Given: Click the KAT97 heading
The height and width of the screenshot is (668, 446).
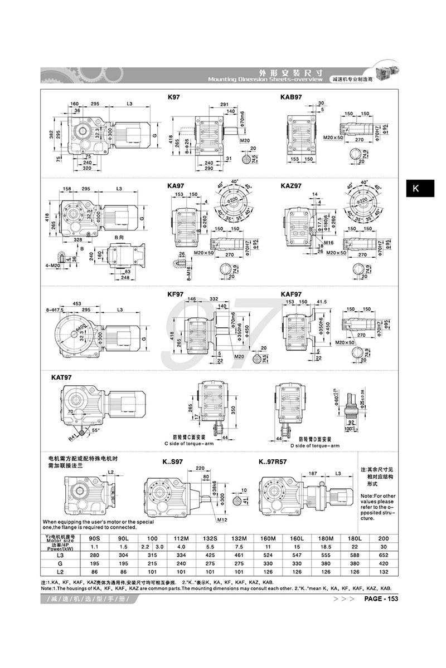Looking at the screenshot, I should [x=61, y=377].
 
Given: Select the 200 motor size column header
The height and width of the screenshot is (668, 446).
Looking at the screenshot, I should [x=384, y=539].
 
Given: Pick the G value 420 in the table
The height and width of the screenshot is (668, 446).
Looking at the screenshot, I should [x=384, y=564].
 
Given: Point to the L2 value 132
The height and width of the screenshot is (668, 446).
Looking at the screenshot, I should [x=384, y=573].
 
